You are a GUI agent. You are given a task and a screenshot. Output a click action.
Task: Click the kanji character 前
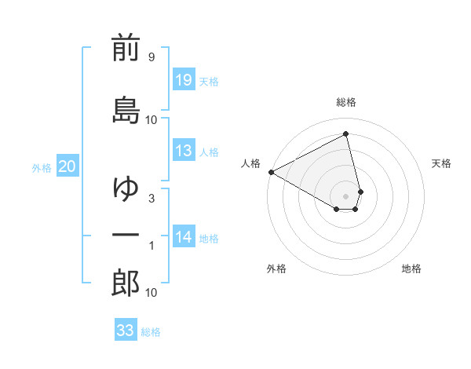126,49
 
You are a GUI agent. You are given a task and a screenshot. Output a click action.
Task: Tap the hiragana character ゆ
126,188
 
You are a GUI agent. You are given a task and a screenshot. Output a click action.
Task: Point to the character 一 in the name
126,236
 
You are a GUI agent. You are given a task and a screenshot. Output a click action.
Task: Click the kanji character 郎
126,283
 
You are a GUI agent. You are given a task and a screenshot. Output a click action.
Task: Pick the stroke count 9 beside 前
151,57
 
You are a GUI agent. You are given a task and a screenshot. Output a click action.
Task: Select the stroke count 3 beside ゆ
151,199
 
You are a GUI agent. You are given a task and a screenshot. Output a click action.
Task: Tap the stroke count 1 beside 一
151,246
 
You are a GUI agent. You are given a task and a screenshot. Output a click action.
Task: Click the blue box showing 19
183,80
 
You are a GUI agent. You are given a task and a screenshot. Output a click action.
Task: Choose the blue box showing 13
183,151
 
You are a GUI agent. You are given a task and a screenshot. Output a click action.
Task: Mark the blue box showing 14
183,237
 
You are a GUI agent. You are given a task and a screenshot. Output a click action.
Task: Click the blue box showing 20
68,166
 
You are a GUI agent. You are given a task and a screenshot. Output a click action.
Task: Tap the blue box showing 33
125,331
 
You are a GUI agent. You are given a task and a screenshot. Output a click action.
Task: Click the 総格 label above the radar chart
346,102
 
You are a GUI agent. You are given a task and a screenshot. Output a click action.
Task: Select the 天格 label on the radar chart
441,163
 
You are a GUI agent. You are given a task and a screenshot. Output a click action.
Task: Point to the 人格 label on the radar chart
251,163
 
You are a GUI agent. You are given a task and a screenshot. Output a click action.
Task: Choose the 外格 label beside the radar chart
276,269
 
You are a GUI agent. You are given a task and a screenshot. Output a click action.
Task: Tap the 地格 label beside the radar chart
411,269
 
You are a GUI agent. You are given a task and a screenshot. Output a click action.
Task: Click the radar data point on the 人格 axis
271,172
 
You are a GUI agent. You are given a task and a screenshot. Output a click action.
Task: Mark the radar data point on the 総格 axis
346,133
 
